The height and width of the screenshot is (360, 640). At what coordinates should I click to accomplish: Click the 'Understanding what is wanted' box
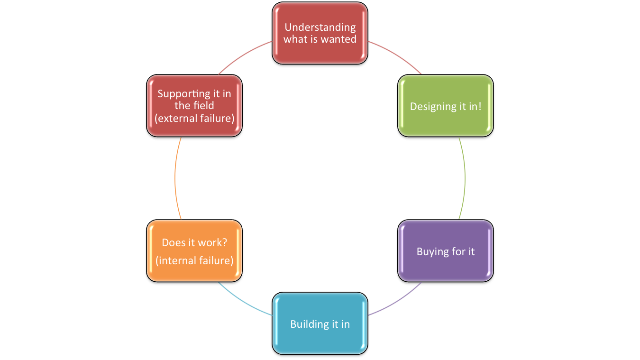pyautogui.click(x=320, y=33)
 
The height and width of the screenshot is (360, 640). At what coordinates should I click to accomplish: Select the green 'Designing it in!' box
pyautogui.click(x=446, y=106)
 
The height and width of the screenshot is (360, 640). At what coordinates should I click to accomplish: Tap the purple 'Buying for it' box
pyautogui.click(x=446, y=251)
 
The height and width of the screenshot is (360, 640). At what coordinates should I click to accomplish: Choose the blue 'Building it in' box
pyautogui.click(x=320, y=323)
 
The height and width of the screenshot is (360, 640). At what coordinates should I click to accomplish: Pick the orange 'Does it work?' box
pyautogui.click(x=194, y=251)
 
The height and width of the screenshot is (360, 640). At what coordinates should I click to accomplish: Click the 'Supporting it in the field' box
pyautogui.click(x=194, y=106)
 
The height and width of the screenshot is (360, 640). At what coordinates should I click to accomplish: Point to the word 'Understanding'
pyautogui.click(x=320, y=27)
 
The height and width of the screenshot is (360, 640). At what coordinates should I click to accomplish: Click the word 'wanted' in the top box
pyautogui.click(x=340, y=39)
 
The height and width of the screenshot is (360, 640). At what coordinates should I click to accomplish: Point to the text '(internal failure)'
pyautogui.click(x=194, y=260)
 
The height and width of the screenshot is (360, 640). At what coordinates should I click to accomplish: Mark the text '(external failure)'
pyautogui.click(x=194, y=118)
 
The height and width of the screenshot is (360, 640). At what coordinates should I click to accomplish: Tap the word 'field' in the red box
pyautogui.click(x=203, y=105)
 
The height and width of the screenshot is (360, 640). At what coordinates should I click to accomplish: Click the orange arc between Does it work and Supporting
pyautogui.click(x=175, y=178)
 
